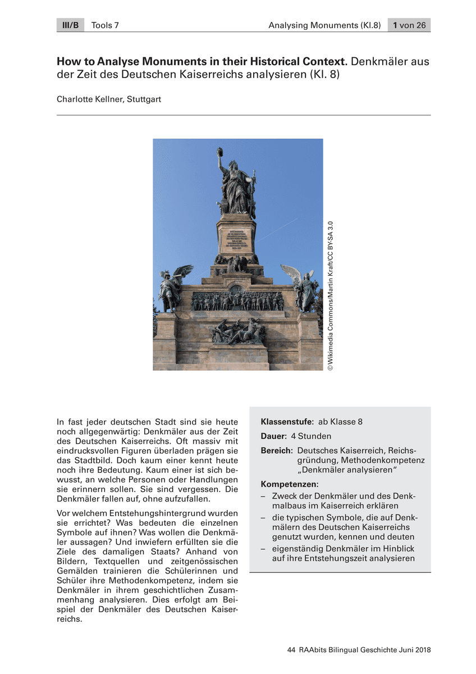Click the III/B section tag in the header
coord(70,25)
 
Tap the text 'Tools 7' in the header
coord(105,25)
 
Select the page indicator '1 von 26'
coord(409,25)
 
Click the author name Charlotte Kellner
coord(89,99)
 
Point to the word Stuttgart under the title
coord(144,99)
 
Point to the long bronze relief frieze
coord(237,301)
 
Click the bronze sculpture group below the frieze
coord(237,332)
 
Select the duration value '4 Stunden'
coord(311,436)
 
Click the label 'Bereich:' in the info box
coord(277,451)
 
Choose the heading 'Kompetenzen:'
coord(290,484)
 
